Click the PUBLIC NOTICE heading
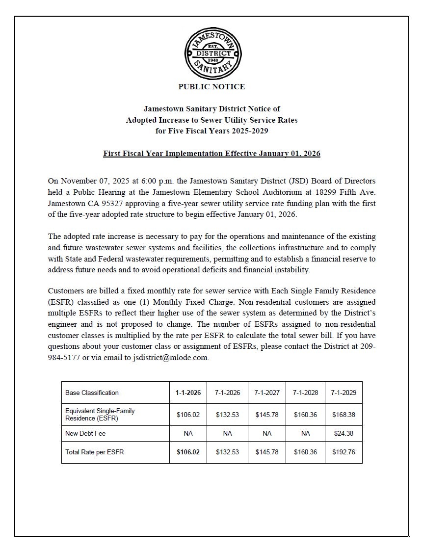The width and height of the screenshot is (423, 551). coord(211,87)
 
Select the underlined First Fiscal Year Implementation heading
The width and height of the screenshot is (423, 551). coord(211,154)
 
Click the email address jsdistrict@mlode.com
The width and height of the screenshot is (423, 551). coord(171,357)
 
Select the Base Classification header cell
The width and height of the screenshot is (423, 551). coord(92,393)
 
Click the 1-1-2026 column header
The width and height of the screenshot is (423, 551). coord(188,393)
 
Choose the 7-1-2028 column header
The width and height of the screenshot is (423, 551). coord(305,393)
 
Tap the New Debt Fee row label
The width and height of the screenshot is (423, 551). coord(85,434)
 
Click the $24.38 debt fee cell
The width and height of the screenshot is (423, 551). coord(344,434)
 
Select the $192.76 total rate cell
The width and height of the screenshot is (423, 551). coord(344,452)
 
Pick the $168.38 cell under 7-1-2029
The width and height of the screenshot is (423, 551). coord(344,415)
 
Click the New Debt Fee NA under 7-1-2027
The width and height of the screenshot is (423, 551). coord(267,434)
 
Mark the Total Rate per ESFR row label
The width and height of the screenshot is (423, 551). coord(95,452)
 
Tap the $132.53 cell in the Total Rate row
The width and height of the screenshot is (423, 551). coord(227,452)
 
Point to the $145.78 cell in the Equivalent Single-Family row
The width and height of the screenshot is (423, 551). coord(267,415)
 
